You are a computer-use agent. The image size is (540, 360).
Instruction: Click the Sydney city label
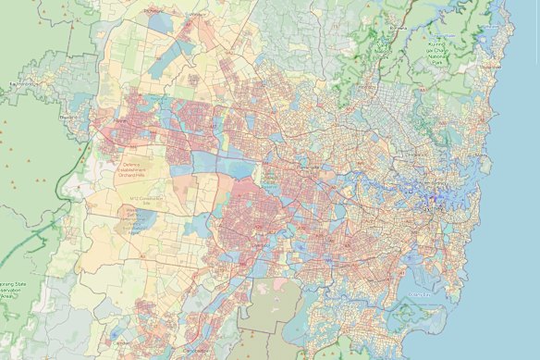coord(427,197)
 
